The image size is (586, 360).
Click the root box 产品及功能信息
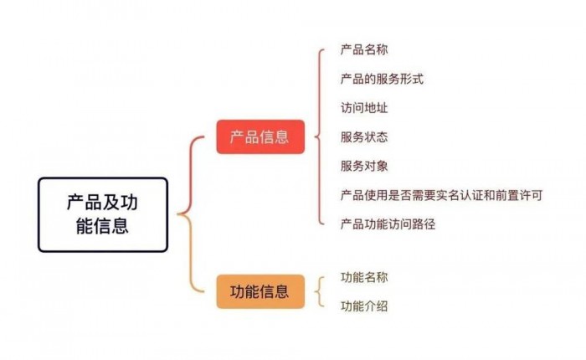click(103, 214)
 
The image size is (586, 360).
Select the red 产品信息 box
click(260, 136)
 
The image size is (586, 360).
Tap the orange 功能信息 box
click(260, 291)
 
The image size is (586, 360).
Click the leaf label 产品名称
click(364, 49)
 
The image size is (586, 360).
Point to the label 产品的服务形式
click(382, 79)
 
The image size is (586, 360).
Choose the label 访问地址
click(364, 108)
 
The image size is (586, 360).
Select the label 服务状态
click(364, 136)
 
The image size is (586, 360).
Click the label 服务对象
click(364, 166)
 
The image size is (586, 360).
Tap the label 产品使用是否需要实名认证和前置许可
click(441, 195)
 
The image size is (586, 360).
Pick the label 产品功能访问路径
click(388, 224)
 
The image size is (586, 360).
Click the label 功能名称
click(364, 277)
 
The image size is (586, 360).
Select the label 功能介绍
click(364, 306)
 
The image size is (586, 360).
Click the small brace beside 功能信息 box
click(319, 291)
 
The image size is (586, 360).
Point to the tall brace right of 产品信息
click(319, 136)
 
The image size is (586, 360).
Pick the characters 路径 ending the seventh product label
click(424, 224)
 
